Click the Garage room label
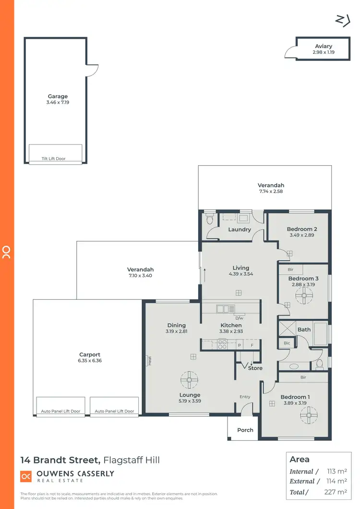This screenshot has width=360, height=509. pyautogui.click(x=58, y=97)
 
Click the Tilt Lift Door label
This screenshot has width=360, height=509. pyautogui.click(x=54, y=158)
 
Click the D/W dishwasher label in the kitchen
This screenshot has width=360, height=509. pyautogui.click(x=239, y=318)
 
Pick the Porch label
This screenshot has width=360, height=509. pyautogui.click(x=245, y=430)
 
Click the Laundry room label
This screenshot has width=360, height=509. pyautogui.click(x=240, y=230)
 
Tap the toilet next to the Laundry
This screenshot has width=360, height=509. pyautogui.click(x=209, y=220)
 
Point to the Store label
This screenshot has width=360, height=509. pyautogui.click(x=255, y=368)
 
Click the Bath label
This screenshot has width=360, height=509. pyautogui.click(x=304, y=329)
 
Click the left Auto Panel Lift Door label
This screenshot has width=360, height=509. pyautogui.click(x=60, y=412)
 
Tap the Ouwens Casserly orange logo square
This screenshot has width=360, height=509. pyautogui.click(x=25, y=476)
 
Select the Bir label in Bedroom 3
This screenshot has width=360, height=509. pyautogui.click(x=291, y=270)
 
